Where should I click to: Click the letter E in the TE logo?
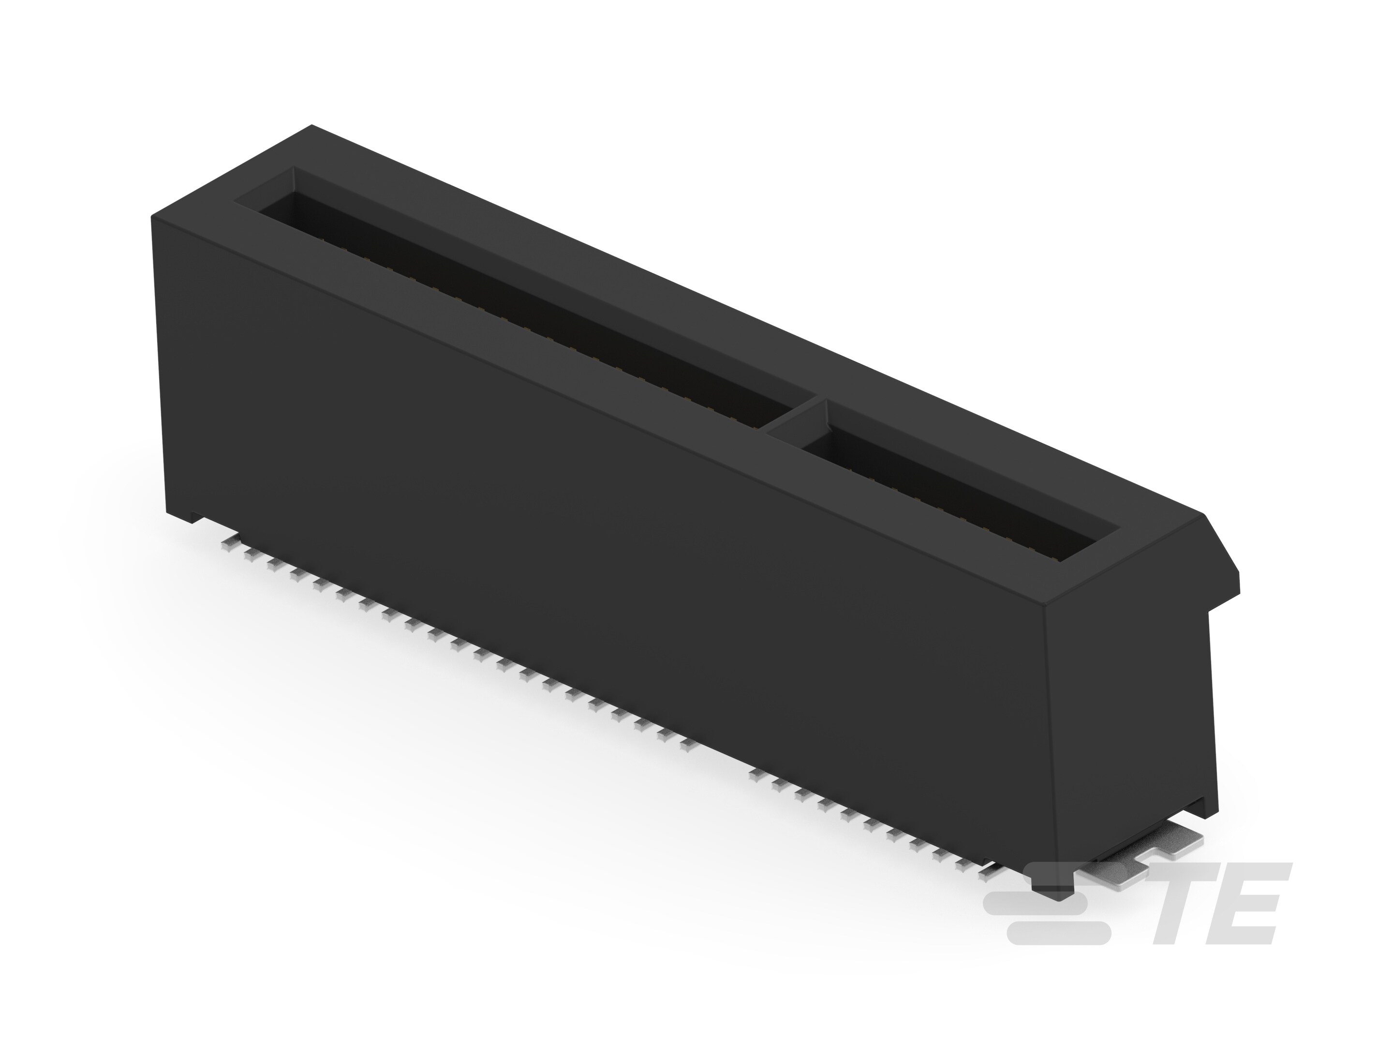[x=1250, y=908]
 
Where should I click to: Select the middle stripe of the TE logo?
[x=1039, y=908]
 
